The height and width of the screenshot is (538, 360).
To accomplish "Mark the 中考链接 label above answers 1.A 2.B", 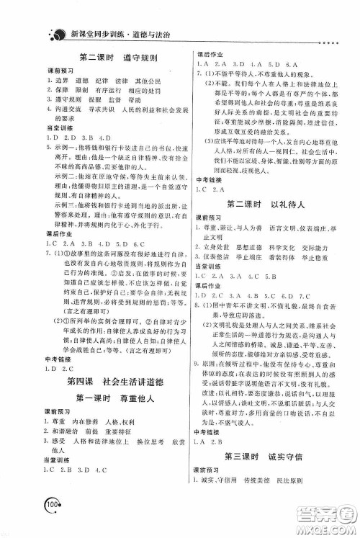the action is [209, 432].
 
